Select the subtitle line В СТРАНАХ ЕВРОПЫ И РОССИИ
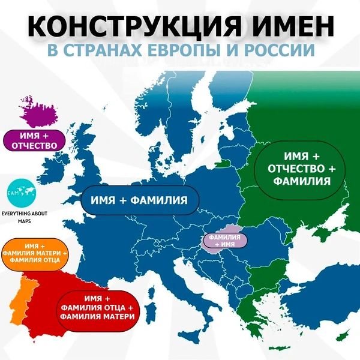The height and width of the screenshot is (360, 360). [181, 50]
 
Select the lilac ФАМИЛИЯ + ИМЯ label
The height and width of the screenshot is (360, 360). [226, 241]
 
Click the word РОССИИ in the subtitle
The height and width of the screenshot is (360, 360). [283, 50]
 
